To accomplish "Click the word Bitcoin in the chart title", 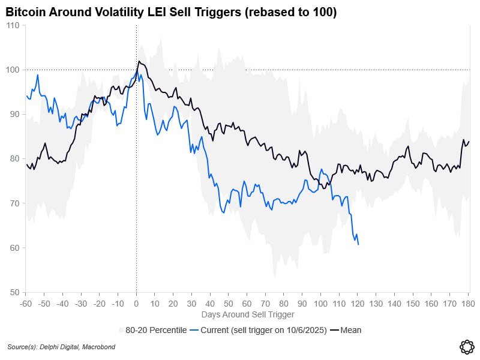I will point(26,12).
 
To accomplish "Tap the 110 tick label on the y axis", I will point(13,25).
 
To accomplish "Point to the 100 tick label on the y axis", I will point(13,70).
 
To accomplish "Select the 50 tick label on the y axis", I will point(14,292).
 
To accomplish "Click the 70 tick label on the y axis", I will point(14,203).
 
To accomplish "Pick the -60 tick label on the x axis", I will point(25,304).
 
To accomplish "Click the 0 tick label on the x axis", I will point(136,304).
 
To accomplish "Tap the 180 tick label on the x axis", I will point(469,304).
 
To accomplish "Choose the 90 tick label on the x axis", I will point(302,304).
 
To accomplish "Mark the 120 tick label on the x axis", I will point(358,304).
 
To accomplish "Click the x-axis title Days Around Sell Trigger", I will point(247,314).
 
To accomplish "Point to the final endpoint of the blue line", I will point(358,244).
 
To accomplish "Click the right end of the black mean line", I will point(469,142).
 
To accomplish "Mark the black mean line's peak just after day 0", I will point(139,61).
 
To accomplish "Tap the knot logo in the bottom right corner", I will point(466,346).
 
